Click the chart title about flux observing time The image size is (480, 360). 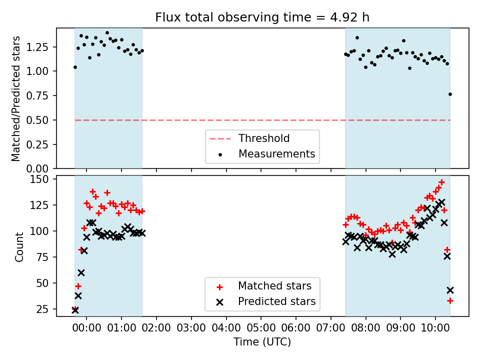click(262, 17)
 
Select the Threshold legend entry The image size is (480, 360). click(263, 138)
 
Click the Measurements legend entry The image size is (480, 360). click(276, 153)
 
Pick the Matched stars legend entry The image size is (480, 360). click(274, 286)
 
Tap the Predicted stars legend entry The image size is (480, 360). click(276, 301)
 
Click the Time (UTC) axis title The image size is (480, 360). click(262, 342)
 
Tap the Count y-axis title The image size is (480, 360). click(19, 246)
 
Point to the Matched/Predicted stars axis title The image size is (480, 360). click(16, 98)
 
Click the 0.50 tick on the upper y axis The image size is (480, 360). click(39, 120)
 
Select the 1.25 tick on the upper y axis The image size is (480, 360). click(39, 47)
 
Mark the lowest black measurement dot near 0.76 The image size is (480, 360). click(450, 94)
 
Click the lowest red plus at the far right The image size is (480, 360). click(450, 300)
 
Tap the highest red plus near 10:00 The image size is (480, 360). click(441, 182)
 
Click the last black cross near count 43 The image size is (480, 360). click(450, 290)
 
